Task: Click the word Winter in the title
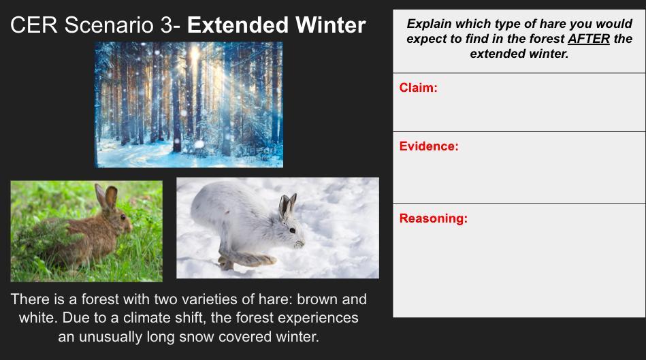330,25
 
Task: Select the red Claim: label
418,88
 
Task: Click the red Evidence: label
429,146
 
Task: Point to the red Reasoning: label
434,218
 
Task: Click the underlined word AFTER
589,39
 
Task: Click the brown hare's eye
123,216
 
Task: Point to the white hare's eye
292,230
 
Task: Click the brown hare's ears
106,196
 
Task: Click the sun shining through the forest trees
194,54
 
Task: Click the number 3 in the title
166,25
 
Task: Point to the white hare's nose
301,244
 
